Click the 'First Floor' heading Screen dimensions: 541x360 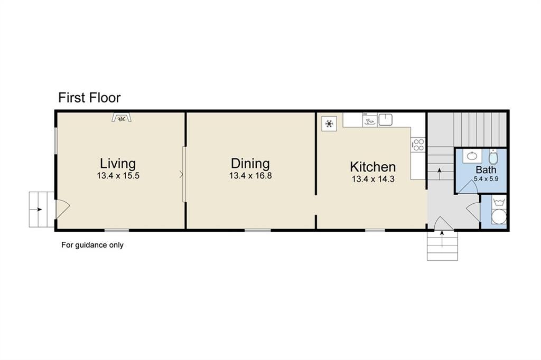coord(89,98)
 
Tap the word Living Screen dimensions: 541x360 coord(118,164)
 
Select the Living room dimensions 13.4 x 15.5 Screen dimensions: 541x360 coord(118,176)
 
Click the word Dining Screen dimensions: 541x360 coord(250,164)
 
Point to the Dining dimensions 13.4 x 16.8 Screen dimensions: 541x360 coord(250,176)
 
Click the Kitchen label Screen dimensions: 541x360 coord(372,167)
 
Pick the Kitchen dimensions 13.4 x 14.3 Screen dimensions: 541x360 coord(374,179)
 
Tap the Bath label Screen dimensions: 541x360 coord(486,169)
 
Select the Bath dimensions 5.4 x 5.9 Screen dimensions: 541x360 coord(486,179)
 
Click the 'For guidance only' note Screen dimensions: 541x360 coord(92,245)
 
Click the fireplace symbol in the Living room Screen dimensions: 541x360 coord(122,118)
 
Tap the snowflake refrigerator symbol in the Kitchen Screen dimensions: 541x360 coord(329,124)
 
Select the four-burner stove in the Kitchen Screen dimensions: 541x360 coord(418,145)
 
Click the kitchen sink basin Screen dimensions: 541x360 coord(385,120)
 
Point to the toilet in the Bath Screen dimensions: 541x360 coord(493,157)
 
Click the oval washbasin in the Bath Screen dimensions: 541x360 coord(472,156)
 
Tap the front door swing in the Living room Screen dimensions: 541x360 coord(63,209)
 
